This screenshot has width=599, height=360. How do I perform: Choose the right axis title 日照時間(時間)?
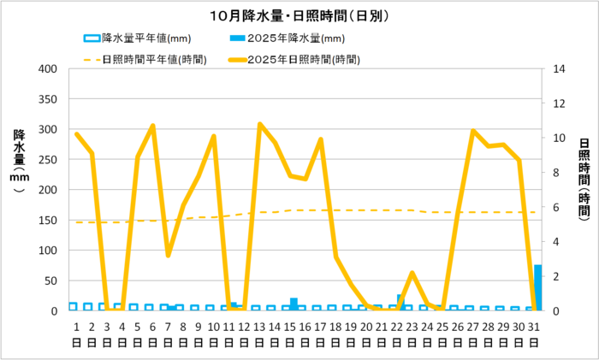[x=584, y=180]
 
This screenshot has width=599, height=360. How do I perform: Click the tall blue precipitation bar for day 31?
[x=538, y=288]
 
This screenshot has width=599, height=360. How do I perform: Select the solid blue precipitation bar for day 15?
[x=294, y=304]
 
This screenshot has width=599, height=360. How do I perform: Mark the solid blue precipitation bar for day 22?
[x=400, y=302]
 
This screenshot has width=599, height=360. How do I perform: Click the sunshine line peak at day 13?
[x=260, y=124]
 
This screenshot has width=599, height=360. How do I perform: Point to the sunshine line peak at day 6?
[x=153, y=126]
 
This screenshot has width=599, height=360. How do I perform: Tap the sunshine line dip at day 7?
[x=169, y=255]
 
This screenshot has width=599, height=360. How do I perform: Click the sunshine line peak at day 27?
[x=473, y=131]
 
